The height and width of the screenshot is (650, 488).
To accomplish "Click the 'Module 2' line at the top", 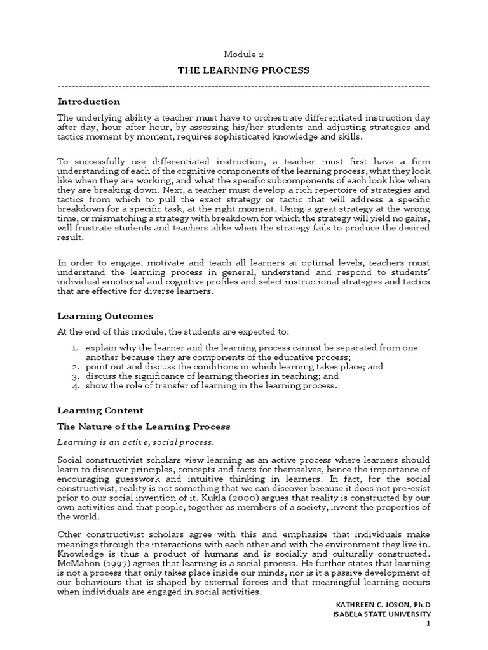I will (243, 55).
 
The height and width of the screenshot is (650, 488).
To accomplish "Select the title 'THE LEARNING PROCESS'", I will (243, 70).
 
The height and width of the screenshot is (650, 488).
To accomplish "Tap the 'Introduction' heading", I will (89, 102).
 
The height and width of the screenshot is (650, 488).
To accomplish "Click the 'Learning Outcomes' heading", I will (105, 315).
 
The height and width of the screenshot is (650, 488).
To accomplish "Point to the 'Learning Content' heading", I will (100, 411).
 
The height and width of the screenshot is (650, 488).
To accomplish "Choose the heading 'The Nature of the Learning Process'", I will (144, 427).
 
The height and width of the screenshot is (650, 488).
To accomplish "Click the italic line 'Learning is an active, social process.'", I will (136, 442).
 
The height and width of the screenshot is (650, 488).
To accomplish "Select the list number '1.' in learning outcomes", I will (74, 348).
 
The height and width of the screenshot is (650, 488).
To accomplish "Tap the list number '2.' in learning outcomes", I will (74, 367).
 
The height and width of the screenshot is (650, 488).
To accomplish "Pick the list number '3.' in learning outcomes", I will (74, 376).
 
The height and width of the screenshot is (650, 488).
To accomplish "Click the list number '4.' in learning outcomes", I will (74, 385).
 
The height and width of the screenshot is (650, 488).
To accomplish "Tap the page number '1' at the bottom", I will (428, 624).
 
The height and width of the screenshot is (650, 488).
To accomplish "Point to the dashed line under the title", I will (243, 86).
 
